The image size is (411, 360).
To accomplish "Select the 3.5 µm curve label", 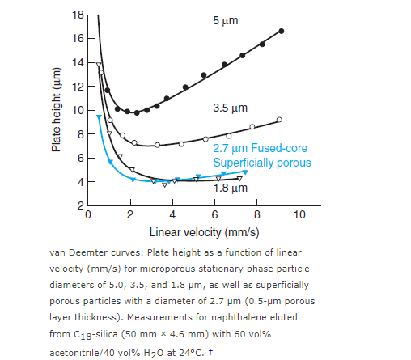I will coord(231,108).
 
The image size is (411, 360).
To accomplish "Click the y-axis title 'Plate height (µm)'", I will coord(56,112).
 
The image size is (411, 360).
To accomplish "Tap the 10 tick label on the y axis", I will coord(77,110).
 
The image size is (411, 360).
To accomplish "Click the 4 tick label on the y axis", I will coord(79,181).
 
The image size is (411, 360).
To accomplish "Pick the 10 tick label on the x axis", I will coord(299,215).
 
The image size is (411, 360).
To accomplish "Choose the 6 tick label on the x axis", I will coord(214,215).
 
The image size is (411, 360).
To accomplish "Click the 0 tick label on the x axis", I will coord(87,215).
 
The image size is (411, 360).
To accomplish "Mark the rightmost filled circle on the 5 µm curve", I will coord(281,31).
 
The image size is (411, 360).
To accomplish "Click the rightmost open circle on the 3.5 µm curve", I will coord(279,120).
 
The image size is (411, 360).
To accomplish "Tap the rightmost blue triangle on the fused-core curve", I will coord(245,172).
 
